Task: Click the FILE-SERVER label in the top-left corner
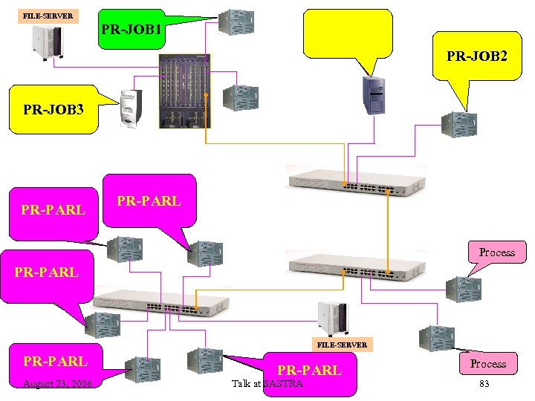point(48,16)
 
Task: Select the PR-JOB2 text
point(477,56)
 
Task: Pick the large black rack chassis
point(185,91)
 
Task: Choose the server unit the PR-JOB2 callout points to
point(458,123)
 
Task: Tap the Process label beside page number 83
point(487,364)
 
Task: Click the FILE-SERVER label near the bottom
point(342,345)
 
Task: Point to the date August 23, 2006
point(57,383)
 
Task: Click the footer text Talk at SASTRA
point(267,383)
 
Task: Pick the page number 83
point(484,383)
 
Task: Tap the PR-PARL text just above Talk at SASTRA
point(309,370)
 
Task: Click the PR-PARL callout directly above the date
point(55,362)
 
